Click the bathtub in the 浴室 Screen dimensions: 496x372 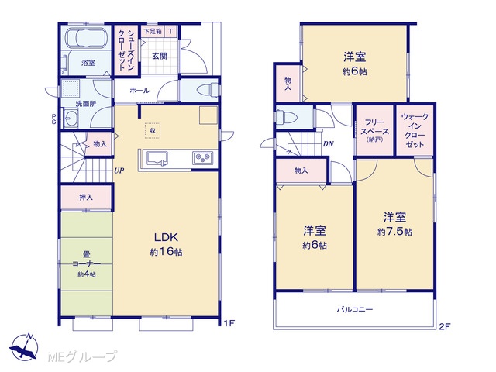coord(87,38)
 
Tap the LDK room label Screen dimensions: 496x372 coord(166,237)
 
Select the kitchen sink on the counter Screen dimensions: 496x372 coord(157,158)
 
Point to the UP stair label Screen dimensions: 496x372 coord(119,170)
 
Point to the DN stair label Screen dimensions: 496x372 coord(329,144)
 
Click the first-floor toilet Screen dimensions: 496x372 coord(208,89)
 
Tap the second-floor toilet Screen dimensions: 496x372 coord(286,116)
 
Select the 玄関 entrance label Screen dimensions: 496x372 coord(160,57)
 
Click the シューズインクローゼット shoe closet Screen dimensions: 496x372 coord(126,50)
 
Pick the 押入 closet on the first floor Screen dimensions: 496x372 coord(86,198)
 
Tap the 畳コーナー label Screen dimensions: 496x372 coord(86,259)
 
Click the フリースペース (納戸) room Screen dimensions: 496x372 coord(374,130)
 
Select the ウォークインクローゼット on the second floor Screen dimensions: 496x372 coord(415,130)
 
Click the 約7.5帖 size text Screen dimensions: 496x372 coord(394,232)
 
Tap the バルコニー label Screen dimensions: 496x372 coord(355,309)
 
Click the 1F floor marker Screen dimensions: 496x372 coord(229,323)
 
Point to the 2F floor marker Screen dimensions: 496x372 coord(444,327)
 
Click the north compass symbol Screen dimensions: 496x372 coord(24,347)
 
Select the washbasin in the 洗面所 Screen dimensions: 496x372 coord(71,119)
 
